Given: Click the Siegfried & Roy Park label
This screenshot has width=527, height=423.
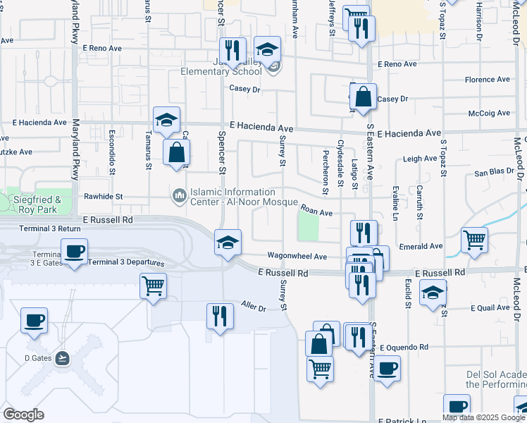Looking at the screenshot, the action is (x=37, y=205).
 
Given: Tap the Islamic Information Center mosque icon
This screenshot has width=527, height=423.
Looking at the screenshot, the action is (x=179, y=193).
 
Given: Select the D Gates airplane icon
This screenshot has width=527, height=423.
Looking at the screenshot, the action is (x=63, y=357).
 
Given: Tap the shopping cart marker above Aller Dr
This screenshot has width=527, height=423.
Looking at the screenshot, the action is (x=153, y=286).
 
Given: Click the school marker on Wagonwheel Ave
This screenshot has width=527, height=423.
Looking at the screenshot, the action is (x=228, y=243).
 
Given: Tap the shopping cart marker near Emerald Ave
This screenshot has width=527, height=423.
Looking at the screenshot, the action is (x=474, y=240).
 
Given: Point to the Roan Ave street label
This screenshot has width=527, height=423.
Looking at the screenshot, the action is (x=316, y=209).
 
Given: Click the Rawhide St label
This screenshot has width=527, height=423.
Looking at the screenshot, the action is (x=104, y=197).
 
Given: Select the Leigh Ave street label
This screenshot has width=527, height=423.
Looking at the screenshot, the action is (x=421, y=159).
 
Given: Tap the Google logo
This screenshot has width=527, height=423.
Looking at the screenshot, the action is (x=23, y=415).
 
